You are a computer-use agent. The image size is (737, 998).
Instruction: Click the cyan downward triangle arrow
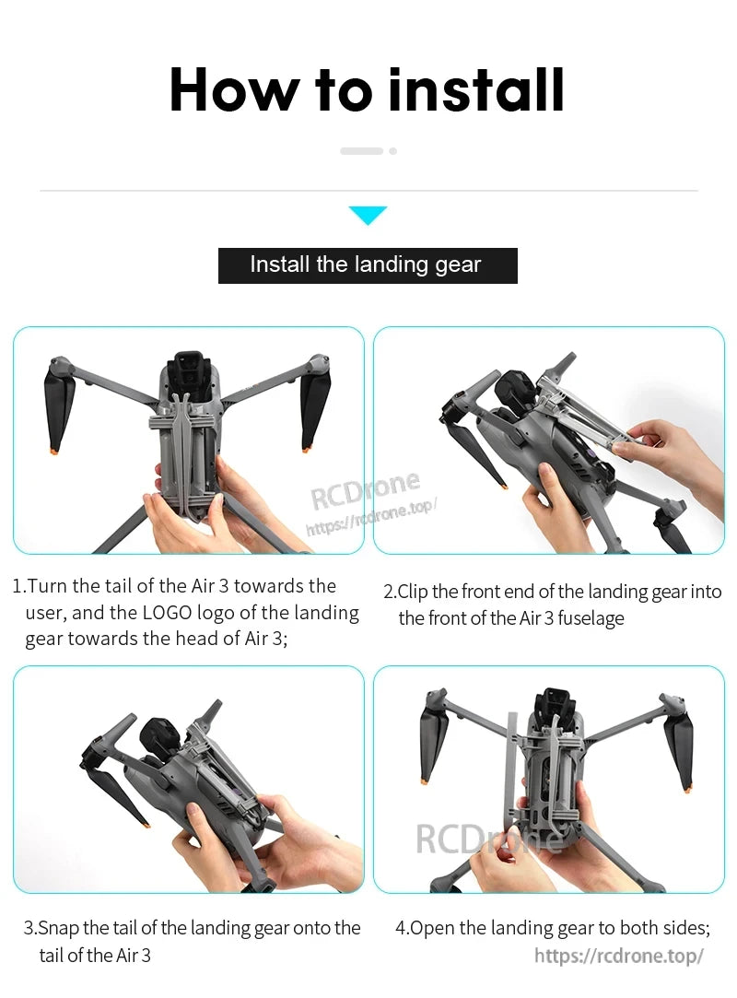(368, 216)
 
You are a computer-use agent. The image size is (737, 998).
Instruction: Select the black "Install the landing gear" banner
(368, 265)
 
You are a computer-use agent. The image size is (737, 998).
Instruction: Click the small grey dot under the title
(393, 150)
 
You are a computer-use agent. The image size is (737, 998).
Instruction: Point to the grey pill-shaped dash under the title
(361, 150)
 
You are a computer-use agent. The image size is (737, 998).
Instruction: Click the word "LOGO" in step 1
(168, 613)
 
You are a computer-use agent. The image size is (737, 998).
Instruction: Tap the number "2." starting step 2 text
(390, 592)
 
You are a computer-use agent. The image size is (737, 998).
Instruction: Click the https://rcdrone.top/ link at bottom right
(619, 956)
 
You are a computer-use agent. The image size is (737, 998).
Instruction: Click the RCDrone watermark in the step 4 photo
(488, 839)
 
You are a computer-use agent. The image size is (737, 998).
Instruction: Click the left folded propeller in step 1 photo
(59, 405)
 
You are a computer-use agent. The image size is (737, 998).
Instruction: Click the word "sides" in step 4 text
(686, 928)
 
